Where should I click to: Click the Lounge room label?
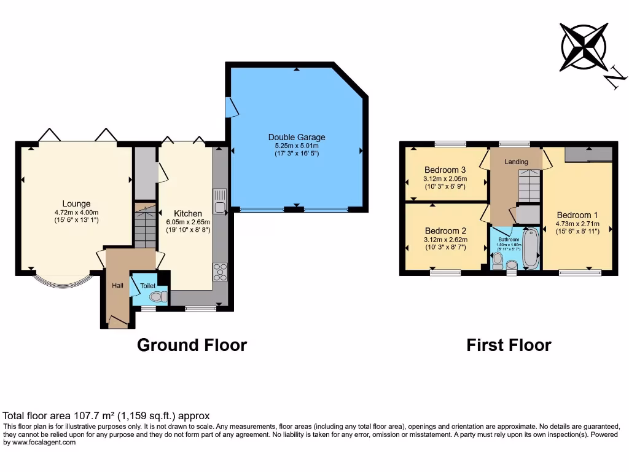(x=76, y=204)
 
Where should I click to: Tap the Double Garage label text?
(x=297, y=137)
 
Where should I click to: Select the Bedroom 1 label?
(x=577, y=215)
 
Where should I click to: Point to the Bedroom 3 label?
(x=445, y=170)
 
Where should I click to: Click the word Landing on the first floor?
(x=516, y=162)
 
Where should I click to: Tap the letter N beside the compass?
(x=615, y=79)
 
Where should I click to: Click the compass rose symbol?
(x=584, y=46)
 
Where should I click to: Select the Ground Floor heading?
(x=192, y=345)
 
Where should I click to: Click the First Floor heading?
(x=509, y=345)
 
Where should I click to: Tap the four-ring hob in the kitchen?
(x=220, y=271)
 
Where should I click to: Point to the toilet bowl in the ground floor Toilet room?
(x=158, y=297)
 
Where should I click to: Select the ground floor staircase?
(x=145, y=226)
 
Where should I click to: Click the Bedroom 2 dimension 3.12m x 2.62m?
(x=445, y=240)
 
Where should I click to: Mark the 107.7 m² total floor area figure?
(x=77, y=415)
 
